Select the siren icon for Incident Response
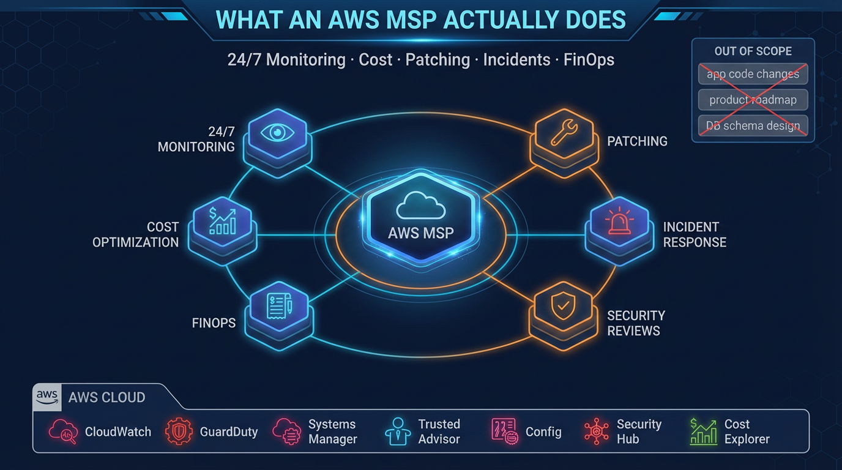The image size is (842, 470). coord(619,221)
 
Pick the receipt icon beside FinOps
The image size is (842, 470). coord(279,305)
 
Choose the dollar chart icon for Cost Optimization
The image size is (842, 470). coord(222,221)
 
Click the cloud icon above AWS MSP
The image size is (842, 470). coord(420,207)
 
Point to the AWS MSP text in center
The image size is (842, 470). coord(421,233)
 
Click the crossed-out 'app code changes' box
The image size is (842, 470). coord(753,74)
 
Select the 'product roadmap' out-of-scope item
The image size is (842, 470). coord(753,100)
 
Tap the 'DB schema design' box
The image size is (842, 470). coord(753,126)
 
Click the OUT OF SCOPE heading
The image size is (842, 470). coord(753,51)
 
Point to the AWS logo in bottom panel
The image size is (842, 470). coord(47,397)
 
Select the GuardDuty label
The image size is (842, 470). coord(229,432)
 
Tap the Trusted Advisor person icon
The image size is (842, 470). coord(398,431)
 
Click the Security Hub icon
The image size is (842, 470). coord(596,431)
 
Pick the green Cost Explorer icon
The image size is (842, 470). coord(703,431)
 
